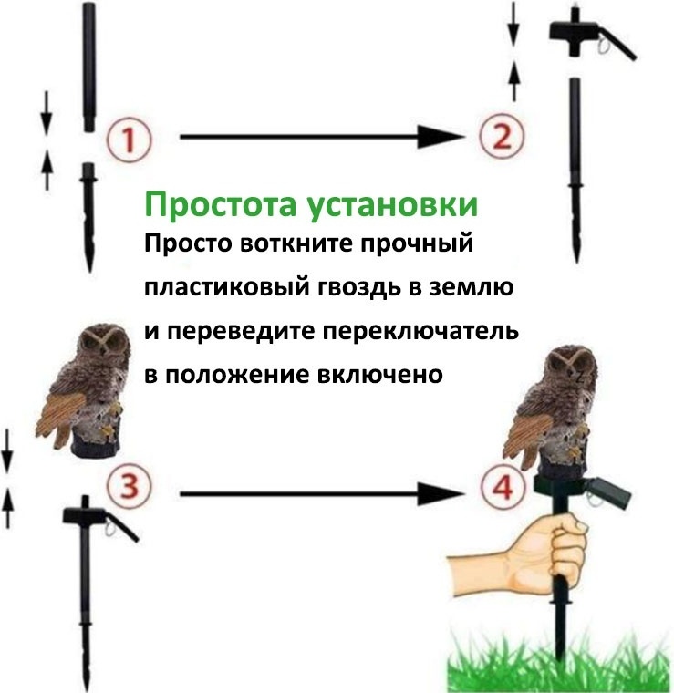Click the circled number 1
(130, 140)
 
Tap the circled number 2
(503, 136)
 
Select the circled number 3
(130, 486)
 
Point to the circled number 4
(503, 488)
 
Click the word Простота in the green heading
(221, 205)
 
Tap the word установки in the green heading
(392, 205)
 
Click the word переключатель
(420, 332)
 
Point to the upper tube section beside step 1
(88, 67)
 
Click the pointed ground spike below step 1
(89, 217)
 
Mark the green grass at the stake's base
(559, 663)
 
